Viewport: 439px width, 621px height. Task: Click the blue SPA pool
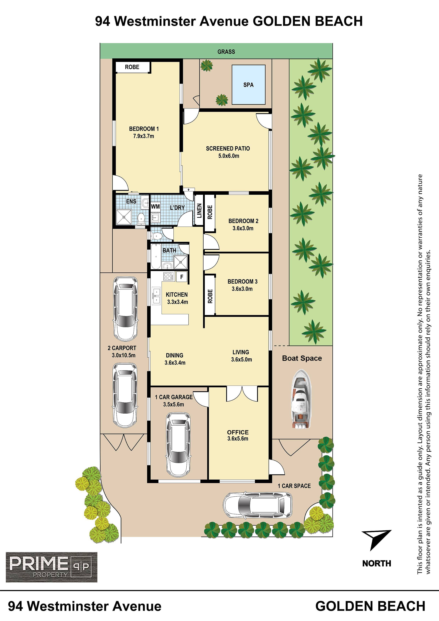[x=249, y=85]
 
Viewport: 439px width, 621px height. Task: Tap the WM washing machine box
[x=155, y=207]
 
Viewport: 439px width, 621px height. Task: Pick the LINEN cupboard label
[x=199, y=211]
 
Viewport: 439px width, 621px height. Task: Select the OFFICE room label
[x=238, y=432]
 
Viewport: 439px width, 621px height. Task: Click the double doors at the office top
[x=242, y=395]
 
